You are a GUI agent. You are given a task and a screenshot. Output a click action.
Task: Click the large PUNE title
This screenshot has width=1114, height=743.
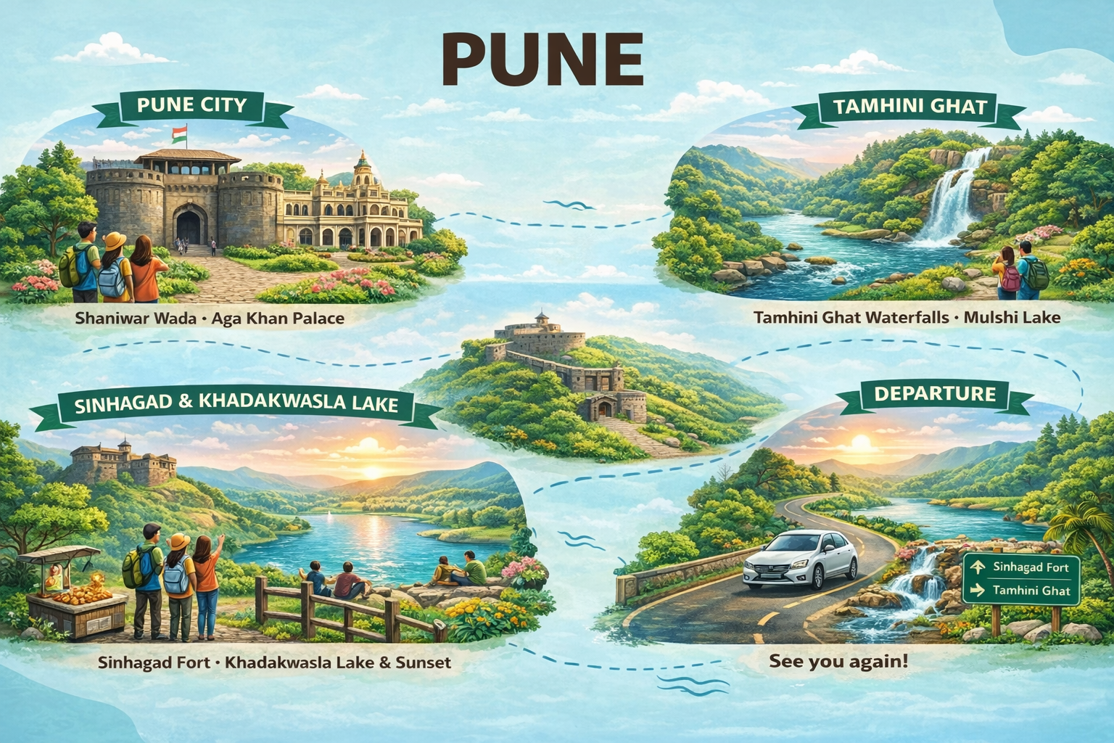tap(542, 61)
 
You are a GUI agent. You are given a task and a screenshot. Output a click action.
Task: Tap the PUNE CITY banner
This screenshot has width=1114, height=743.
tap(191, 106)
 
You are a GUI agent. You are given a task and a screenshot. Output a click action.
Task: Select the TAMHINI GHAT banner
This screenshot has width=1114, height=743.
tap(909, 107)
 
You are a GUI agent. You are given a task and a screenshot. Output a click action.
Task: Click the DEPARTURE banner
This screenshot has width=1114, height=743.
tap(934, 394)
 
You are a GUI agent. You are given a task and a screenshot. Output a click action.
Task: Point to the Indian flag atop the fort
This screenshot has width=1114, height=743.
tap(180, 135)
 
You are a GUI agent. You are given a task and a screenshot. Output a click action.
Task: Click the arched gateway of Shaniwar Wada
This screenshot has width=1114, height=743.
tap(190, 225)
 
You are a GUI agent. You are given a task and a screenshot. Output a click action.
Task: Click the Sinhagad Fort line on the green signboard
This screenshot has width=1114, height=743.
tap(1028, 567)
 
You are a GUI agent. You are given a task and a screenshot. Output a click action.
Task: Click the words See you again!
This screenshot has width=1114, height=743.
tap(838, 661)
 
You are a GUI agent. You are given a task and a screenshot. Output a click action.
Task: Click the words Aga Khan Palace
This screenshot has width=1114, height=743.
tap(278, 318)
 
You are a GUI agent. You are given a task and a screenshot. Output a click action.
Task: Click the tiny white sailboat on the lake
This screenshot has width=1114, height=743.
tap(331, 514)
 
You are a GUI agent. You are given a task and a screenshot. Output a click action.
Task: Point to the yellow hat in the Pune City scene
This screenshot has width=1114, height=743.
tap(115, 240)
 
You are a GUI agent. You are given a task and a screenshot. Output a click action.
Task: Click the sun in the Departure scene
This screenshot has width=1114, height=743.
tap(861, 443)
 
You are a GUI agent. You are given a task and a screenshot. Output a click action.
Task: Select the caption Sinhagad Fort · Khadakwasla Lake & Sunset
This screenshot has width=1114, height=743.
tap(273, 662)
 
